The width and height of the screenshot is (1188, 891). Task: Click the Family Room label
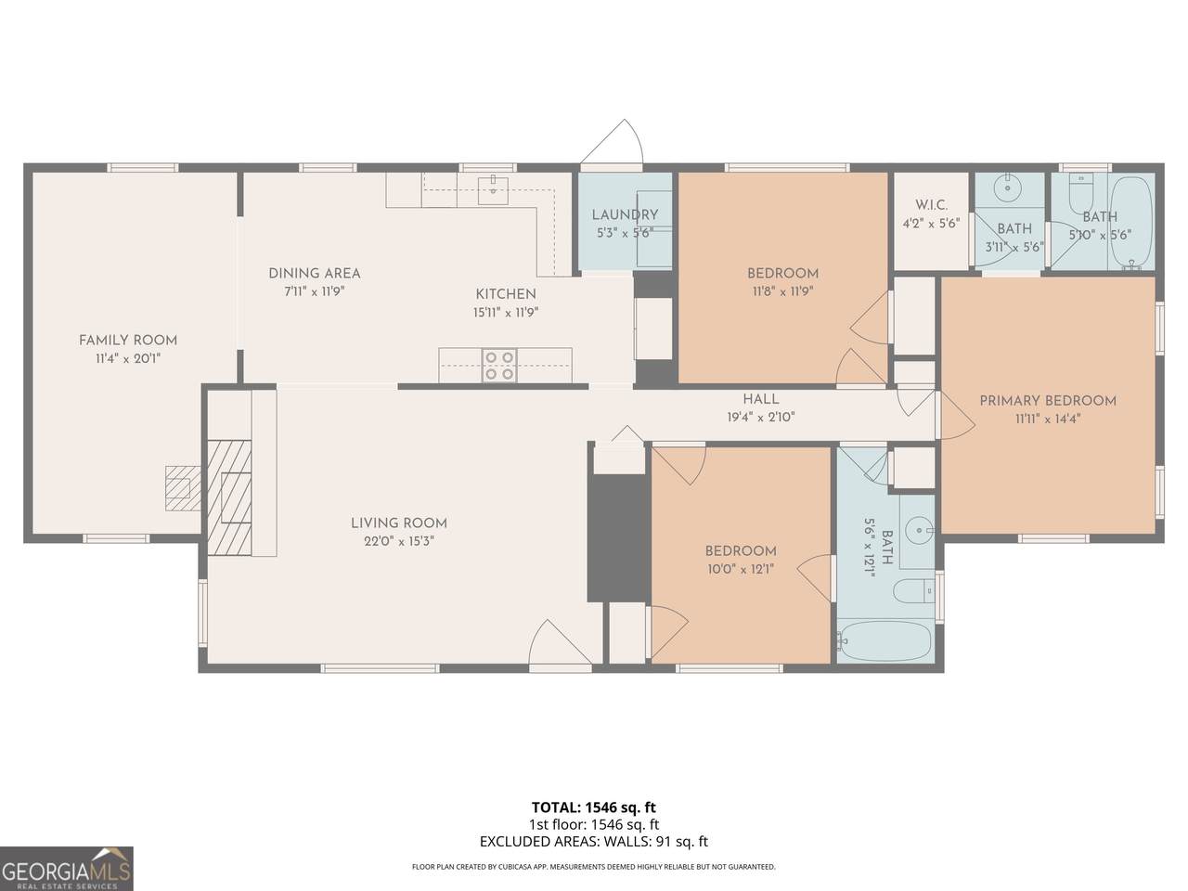(x=128, y=341)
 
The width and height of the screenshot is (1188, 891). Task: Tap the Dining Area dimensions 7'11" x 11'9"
(x=315, y=291)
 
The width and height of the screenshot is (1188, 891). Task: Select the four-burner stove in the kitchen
(x=499, y=365)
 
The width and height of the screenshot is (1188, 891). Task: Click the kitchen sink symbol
(x=493, y=189)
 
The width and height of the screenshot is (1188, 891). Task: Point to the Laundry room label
(x=626, y=214)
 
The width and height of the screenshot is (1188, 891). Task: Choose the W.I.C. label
(x=932, y=205)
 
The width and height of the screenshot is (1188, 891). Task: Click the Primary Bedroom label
(x=1048, y=401)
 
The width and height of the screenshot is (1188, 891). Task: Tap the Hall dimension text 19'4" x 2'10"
(x=761, y=417)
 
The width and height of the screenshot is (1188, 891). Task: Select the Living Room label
(x=399, y=523)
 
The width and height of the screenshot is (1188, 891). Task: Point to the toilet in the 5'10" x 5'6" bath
(x=1081, y=194)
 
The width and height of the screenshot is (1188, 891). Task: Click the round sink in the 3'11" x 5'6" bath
(x=1008, y=188)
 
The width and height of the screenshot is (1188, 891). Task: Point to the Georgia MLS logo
(x=67, y=869)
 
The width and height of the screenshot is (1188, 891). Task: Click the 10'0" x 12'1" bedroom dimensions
(x=741, y=569)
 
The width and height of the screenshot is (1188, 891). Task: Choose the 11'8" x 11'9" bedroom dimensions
(x=782, y=291)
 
